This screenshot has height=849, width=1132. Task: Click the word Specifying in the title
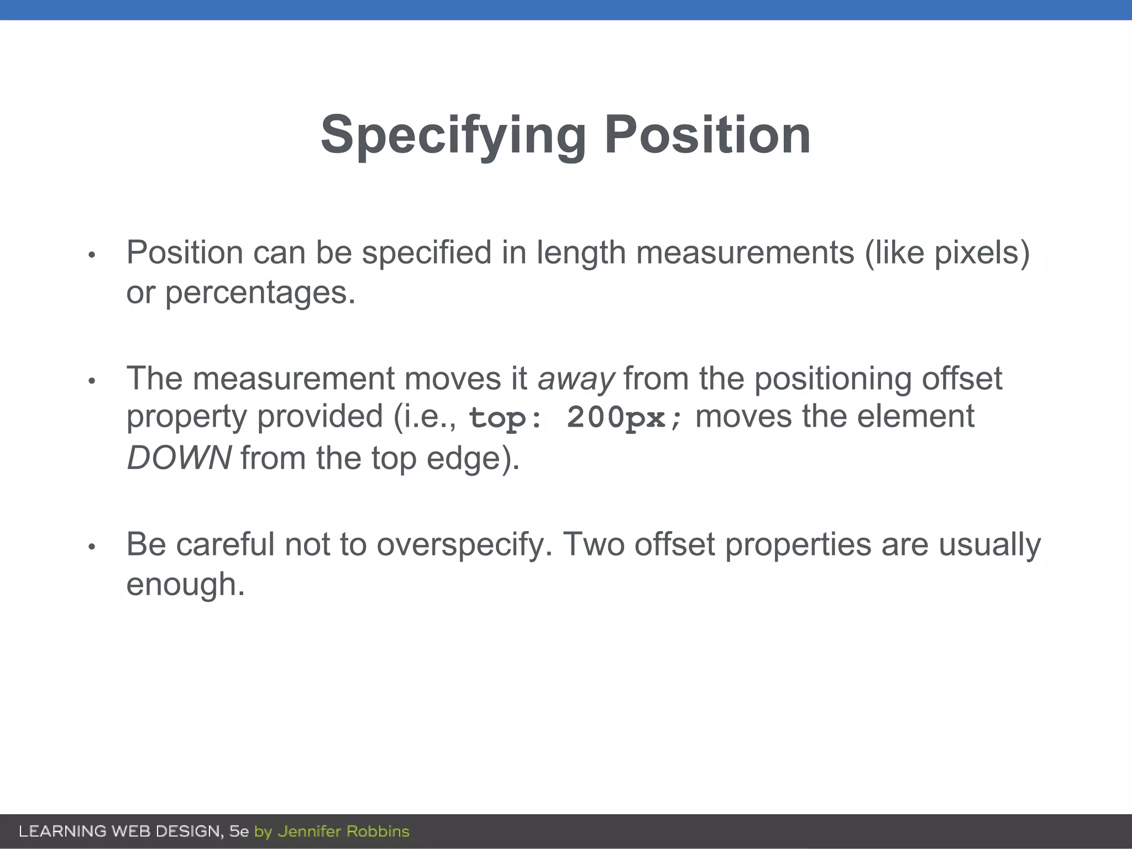coord(453,135)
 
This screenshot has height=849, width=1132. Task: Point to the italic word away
coord(575,379)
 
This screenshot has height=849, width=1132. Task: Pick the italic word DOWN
coord(179,458)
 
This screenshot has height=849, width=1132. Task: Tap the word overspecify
coord(464,544)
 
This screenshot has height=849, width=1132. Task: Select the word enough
coord(185,585)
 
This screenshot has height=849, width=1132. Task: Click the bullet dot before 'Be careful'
coord(92,547)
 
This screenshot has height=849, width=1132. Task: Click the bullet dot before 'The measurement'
coord(92,381)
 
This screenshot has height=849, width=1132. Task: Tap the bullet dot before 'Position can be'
coord(92,255)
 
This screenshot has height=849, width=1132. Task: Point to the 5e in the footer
coord(239,831)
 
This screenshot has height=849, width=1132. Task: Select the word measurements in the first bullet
coord(745,253)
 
